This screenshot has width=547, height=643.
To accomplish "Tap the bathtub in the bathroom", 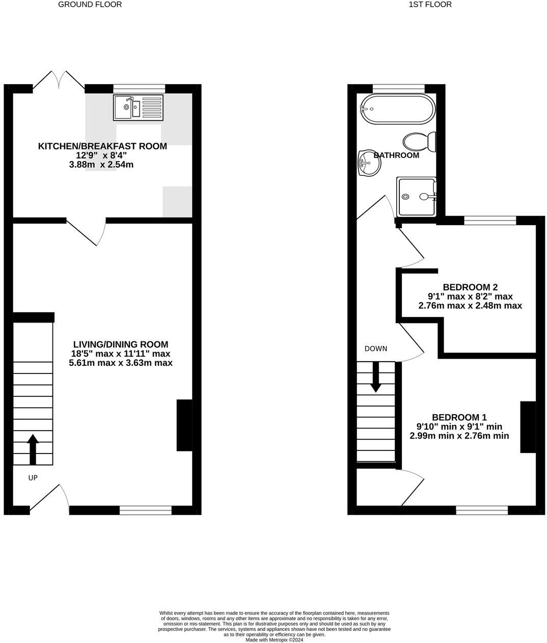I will pos(397,109).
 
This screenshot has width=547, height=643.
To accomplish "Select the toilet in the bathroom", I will pos(420,142).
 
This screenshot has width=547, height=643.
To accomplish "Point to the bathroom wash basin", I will pos(368,163).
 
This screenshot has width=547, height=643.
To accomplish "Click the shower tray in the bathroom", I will pos(417,196).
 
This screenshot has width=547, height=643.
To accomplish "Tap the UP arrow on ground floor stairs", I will pos(33,448).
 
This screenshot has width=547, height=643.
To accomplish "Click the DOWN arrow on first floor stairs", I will pos(375,377).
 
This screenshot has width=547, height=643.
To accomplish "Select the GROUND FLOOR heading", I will pos(90,5).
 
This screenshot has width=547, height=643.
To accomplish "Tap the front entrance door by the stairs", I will pos(50,497).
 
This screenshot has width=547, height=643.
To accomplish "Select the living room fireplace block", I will pos(184,425).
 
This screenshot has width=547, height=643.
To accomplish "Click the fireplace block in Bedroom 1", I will pos(528,427).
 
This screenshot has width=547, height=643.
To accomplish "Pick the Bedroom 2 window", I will pos(490,221).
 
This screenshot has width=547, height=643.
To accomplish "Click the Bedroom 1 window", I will pos(482,510).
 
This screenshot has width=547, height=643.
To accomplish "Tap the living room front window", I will pos(146,510).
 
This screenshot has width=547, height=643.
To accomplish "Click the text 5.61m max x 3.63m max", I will pos(121,363).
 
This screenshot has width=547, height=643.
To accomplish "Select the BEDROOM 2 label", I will pos(470,287).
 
